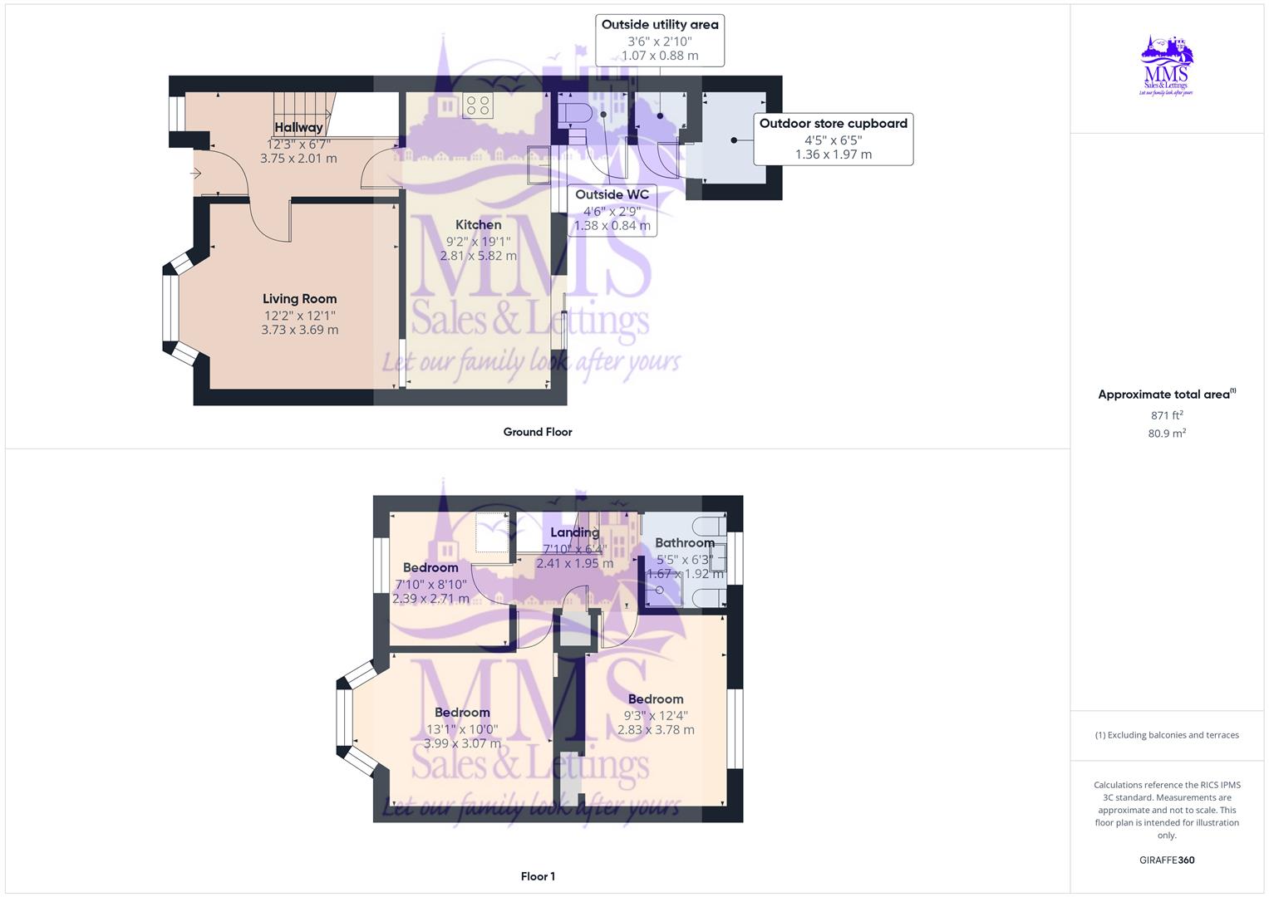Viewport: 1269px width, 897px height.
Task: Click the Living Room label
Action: (x=299, y=299)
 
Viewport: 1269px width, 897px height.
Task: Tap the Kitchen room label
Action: (x=478, y=225)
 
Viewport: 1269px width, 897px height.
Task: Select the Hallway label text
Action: (x=298, y=127)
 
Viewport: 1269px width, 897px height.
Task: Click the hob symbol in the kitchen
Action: (x=477, y=105)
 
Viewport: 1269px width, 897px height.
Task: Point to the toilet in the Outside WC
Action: (x=573, y=115)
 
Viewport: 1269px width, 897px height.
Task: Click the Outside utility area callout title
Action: (x=660, y=25)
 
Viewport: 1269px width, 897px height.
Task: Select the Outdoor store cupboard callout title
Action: (x=833, y=124)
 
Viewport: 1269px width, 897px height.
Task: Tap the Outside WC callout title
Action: (x=612, y=195)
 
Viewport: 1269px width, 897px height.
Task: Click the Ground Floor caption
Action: (x=537, y=432)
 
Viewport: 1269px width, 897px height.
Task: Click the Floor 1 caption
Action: (x=537, y=876)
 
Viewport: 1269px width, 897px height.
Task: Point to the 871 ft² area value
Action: (x=1167, y=415)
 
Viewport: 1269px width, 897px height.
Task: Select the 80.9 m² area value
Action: (x=1167, y=434)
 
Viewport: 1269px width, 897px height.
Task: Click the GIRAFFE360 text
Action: (x=1167, y=860)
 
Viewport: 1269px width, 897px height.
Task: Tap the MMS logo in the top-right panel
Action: (x=1167, y=66)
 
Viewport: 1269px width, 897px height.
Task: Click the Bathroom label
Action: (x=684, y=543)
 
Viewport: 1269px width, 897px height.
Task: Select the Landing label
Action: (x=574, y=532)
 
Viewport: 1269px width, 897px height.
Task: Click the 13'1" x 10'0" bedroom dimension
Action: (x=462, y=729)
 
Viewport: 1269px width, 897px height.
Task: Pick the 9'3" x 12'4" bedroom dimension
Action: (x=656, y=716)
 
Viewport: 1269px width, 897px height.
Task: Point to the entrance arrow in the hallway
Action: (x=196, y=174)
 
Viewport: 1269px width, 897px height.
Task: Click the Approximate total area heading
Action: (x=1163, y=395)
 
